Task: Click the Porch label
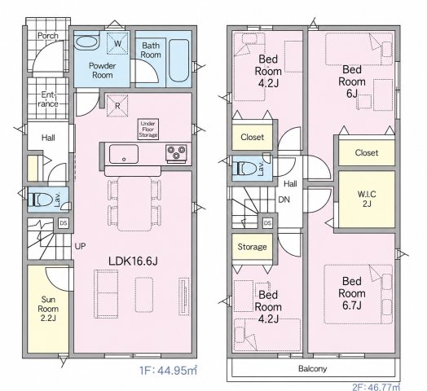coord(48,36)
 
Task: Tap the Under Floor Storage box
coord(147,130)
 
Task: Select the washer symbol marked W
coord(117,43)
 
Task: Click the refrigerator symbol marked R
coord(117,106)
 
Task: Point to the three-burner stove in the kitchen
coord(177,152)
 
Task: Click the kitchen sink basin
coord(124,154)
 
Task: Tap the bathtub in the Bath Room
coord(178,60)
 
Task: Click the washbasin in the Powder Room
coord(86,42)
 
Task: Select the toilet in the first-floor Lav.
coord(41,200)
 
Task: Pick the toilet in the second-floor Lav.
coord(244,169)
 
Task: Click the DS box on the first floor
coord(64,223)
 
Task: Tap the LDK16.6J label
coord(133,261)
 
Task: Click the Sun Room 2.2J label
coord(48,309)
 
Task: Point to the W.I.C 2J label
coord(367,199)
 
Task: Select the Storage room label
coord(252,247)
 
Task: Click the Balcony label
coord(312,369)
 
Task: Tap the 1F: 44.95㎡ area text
coord(168,371)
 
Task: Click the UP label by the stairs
coord(80,246)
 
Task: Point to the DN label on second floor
coord(284,200)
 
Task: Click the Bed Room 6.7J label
coord(352,293)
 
